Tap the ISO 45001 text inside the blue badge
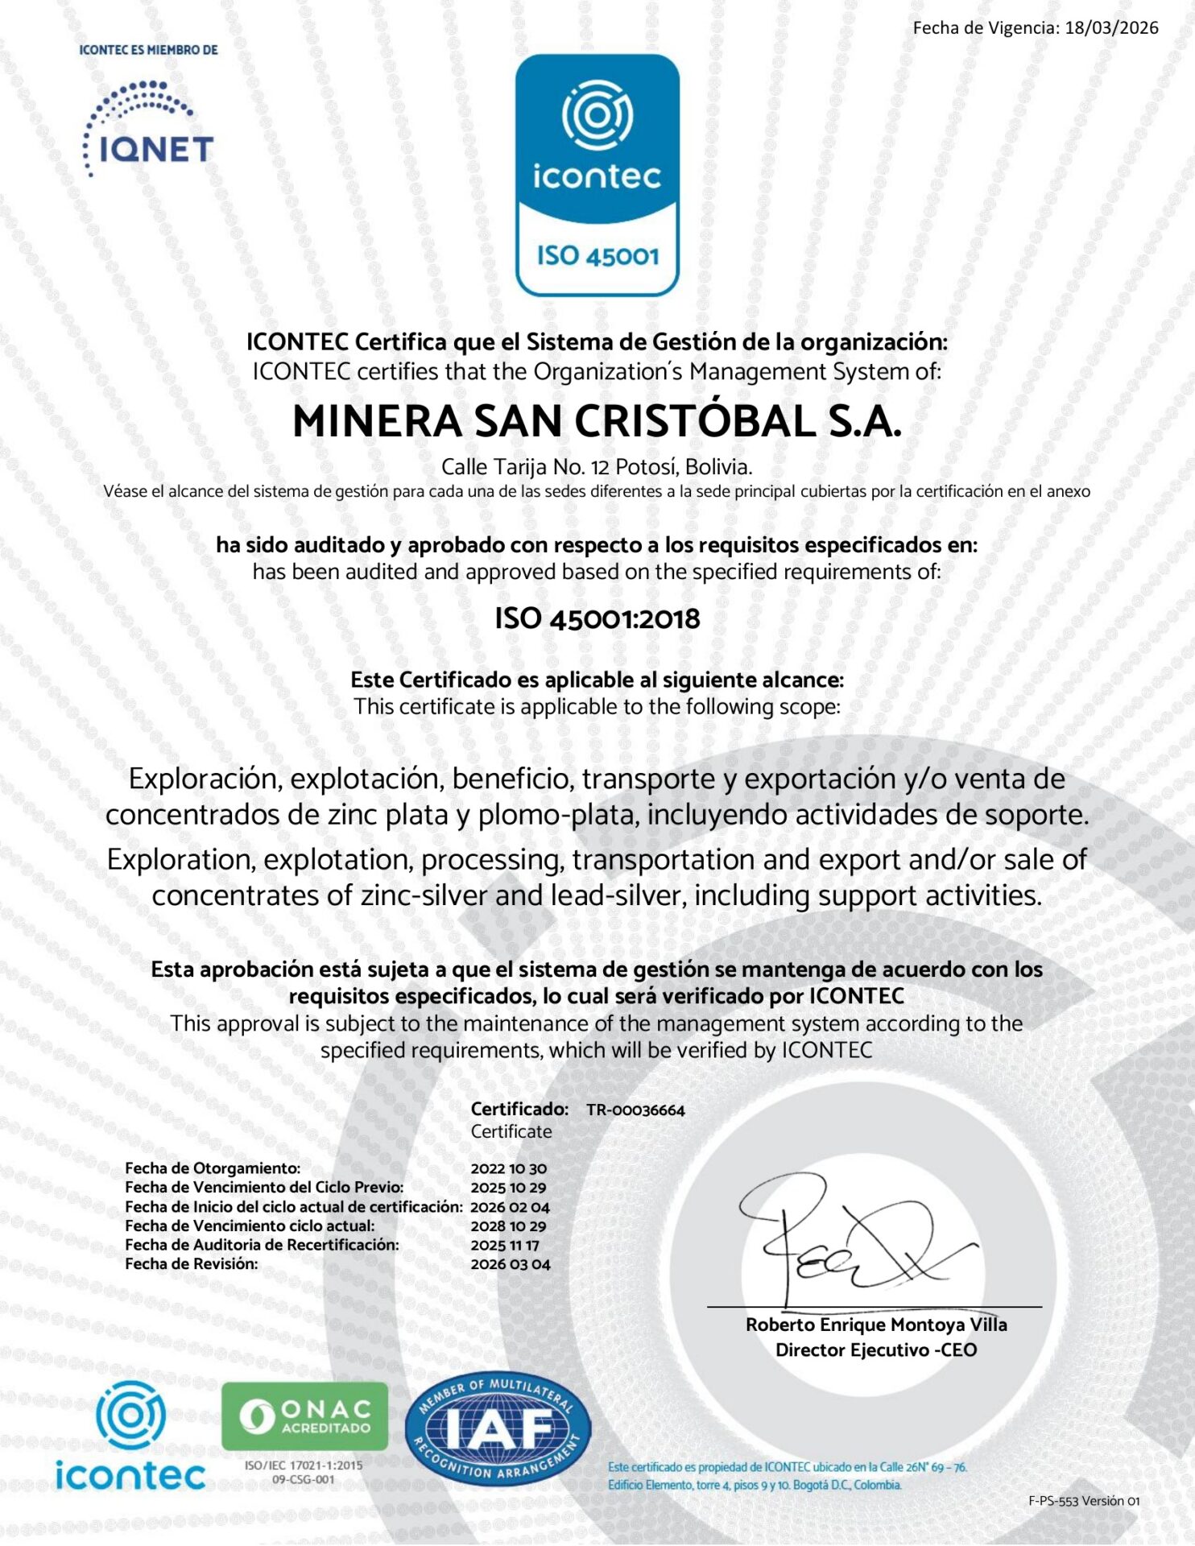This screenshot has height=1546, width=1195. coord(597,256)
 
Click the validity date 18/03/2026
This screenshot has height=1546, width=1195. coord(1111,28)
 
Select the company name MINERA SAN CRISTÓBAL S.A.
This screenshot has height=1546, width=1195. coord(597,421)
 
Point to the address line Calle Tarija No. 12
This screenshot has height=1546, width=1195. coord(597,467)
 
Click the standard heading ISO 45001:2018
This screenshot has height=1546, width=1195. coord(597,618)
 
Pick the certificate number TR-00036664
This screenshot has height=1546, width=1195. coord(635,1110)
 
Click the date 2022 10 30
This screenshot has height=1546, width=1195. coord(509,1168)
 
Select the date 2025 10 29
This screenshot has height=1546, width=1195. coord(509,1188)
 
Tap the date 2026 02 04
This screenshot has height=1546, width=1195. coord(510,1207)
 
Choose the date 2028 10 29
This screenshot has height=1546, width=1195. coord(509,1226)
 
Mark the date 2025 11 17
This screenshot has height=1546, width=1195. coord(505,1245)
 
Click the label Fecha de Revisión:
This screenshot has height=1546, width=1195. coord(192,1264)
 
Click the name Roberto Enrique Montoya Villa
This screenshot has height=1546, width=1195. coord(876,1325)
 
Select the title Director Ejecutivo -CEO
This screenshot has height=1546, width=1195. coord(876,1350)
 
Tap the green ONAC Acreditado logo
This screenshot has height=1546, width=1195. coord(304,1416)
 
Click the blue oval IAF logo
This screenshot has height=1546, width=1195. coord(498,1428)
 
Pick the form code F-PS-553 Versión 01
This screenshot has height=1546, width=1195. coord(1084,1501)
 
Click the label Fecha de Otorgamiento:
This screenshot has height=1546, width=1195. coord(213,1168)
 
